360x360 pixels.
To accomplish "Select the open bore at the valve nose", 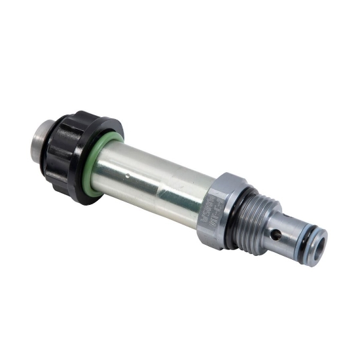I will pos(319,248).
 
